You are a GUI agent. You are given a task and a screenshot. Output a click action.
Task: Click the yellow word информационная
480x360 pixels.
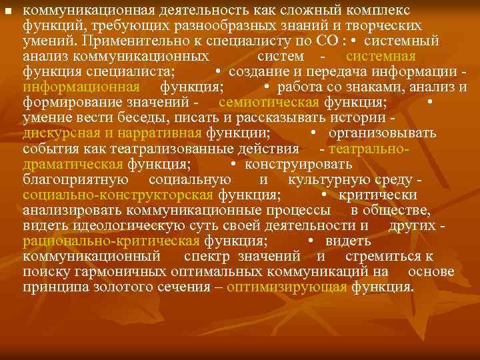pyautogui.click(x=81, y=87)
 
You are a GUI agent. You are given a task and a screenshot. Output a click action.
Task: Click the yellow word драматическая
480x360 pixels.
pyautogui.click(x=72, y=164)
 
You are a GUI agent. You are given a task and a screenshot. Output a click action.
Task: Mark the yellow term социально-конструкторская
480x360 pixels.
pyautogui.click(x=117, y=195)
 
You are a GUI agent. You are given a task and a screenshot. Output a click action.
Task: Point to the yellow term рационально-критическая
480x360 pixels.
pyautogui.click(x=110, y=241)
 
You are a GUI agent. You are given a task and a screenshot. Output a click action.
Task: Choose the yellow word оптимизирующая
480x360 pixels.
pyautogui.click(x=287, y=287)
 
